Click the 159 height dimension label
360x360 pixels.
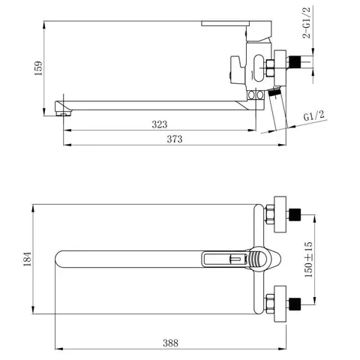pos(38,68)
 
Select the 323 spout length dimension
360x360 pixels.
pos(160,124)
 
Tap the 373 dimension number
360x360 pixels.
pos(175,139)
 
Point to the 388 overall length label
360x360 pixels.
pos(171,343)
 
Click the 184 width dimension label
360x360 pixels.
pos(28,259)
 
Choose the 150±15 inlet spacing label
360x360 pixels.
pos(308,259)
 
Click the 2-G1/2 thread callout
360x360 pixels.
pos(306,22)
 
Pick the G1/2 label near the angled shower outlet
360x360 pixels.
pos(314,115)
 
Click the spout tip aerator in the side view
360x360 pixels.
pos(63,114)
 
